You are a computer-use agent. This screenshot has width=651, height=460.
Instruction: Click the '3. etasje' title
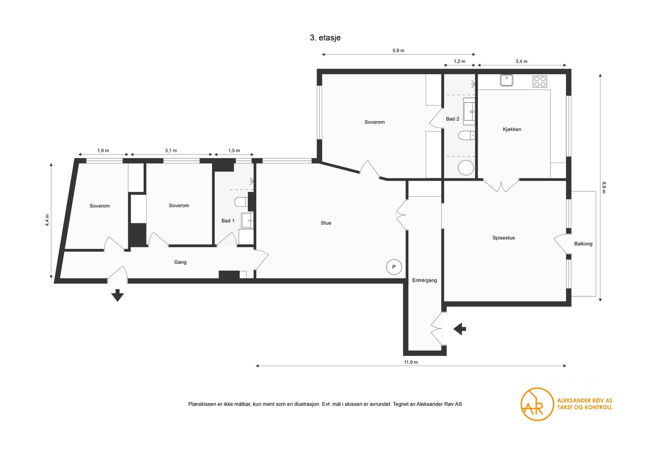click(x=325, y=38)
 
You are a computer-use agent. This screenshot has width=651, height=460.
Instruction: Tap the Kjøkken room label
click(x=512, y=130)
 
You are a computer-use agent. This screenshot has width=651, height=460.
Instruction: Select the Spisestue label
click(x=504, y=238)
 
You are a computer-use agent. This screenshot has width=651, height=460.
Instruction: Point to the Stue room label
click(x=326, y=223)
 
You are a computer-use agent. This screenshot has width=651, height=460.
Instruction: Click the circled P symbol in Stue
click(x=394, y=267)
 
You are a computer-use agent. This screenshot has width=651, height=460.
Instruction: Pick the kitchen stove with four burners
click(x=540, y=82)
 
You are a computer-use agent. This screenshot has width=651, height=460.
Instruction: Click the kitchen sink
click(x=507, y=80)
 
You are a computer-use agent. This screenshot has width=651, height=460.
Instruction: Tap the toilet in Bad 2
click(x=466, y=135)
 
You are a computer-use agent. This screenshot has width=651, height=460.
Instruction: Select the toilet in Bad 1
click(x=241, y=202)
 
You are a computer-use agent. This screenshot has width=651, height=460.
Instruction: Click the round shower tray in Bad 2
click(x=466, y=167)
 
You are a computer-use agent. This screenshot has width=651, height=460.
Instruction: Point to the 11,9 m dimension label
click(x=411, y=362)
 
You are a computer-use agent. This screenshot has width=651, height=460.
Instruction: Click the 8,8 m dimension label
click(x=604, y=187)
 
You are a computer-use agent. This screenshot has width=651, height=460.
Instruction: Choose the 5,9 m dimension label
click(x=398, y=50)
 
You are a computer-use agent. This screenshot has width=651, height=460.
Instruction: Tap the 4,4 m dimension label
click(x=47, y=220)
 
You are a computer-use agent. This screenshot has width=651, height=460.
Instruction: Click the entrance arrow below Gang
click(x=118, y=295)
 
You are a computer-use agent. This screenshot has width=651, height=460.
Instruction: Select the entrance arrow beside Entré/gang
click(x=460, y=329)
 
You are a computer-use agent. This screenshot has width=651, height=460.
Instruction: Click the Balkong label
click(x=583, y=244)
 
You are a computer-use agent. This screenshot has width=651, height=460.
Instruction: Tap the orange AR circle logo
click(x=537, y=404)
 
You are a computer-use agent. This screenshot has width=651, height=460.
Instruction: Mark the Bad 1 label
click(x=228, y=221)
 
